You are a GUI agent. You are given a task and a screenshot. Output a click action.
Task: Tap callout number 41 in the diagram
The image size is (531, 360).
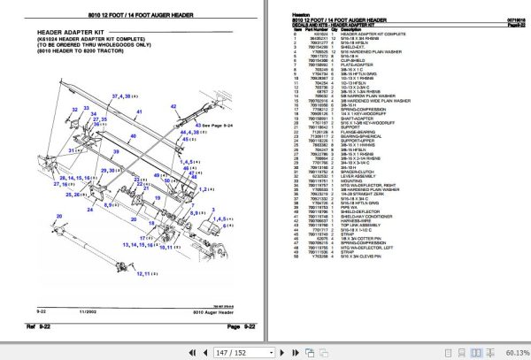pos(138,113)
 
